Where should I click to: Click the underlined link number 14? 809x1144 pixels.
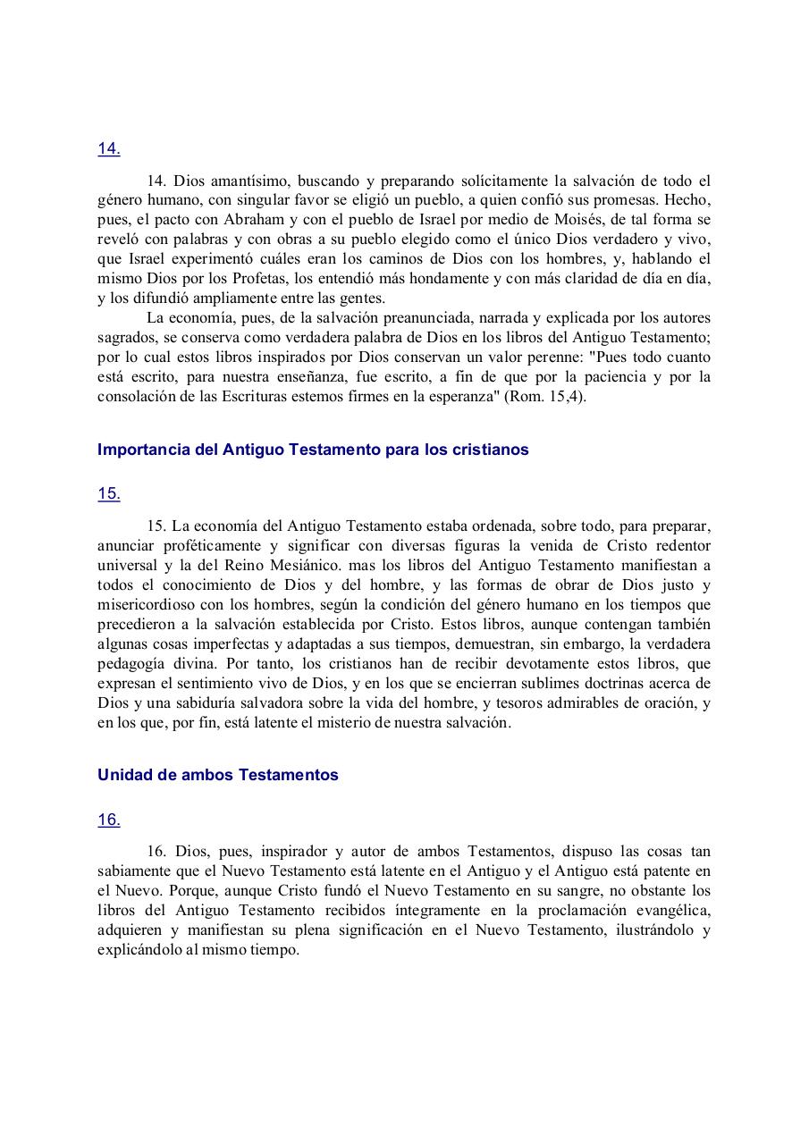tap(108, 149)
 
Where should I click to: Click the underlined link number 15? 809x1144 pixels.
tap(108, 493)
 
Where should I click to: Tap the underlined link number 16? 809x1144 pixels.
tap(108, 820)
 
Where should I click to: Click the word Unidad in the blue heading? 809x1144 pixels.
tap(122, 775)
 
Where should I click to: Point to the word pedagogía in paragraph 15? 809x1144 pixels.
tap(133, 663)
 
